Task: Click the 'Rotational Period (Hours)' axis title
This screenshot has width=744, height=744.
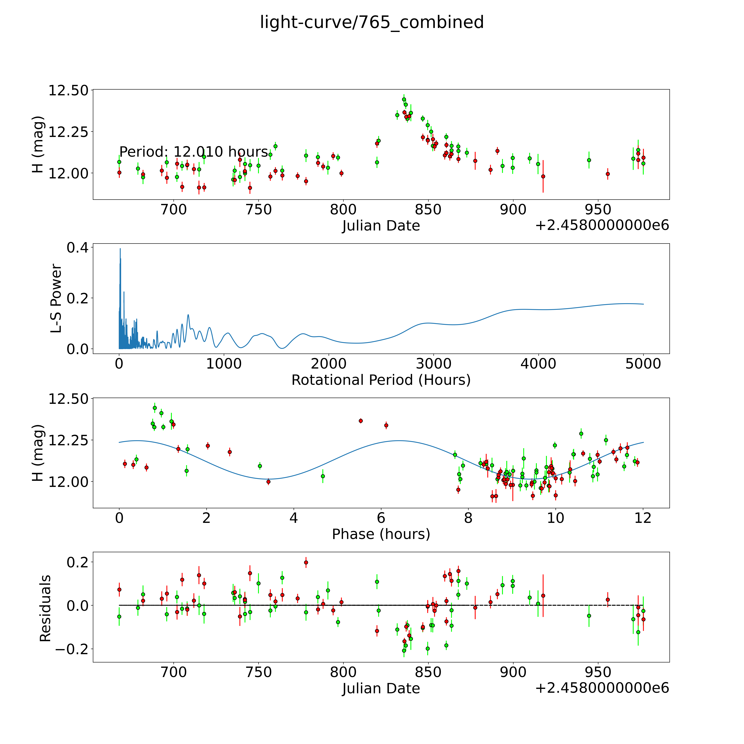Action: point(381,380)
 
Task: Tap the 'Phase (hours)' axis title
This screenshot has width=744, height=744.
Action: point(381,534)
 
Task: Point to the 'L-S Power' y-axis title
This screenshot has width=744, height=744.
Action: point(56,298)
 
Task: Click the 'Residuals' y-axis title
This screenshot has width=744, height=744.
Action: point(45,608)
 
